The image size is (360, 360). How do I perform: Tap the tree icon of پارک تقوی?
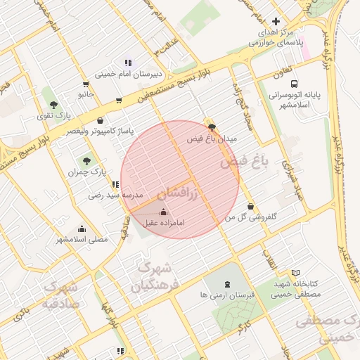48,96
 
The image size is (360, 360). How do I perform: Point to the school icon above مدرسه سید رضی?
116,184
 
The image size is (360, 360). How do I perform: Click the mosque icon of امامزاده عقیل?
164,212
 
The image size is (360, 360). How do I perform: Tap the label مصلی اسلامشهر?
82,239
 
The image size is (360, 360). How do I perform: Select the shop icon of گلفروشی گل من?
251,207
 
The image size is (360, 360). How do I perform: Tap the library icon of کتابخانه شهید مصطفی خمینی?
295,272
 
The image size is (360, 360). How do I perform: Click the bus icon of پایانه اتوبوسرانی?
293,82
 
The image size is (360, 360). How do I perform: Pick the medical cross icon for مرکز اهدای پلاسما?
276,22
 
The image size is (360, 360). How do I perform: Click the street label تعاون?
282,72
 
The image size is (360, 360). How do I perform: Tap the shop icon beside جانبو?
85,84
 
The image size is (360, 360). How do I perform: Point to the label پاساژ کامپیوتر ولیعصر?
98,131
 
